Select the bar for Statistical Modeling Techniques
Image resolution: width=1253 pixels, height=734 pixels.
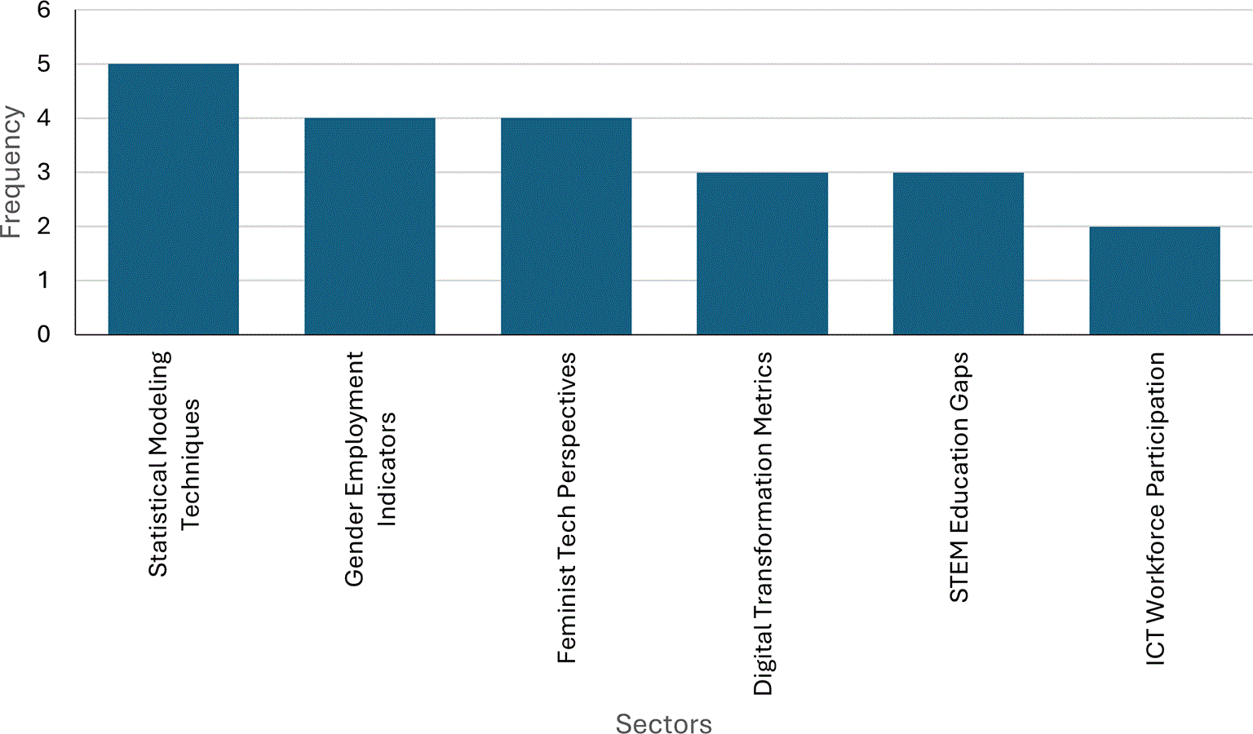174,199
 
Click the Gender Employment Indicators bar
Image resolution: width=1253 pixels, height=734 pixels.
370,226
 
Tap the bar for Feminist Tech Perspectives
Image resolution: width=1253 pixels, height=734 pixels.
566,226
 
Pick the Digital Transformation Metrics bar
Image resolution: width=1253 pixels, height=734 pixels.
762,254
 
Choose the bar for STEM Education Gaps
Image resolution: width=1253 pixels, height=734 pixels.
959,254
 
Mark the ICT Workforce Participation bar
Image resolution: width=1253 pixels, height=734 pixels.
1154,281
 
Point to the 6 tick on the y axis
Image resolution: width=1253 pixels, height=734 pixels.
43,10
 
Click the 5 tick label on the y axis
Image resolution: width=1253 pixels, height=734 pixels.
43,64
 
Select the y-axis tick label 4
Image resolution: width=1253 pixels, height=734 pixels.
43,118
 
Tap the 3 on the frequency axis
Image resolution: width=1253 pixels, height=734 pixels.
43,172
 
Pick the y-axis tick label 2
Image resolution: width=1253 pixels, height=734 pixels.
43,227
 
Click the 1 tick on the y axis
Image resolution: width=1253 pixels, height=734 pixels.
43,281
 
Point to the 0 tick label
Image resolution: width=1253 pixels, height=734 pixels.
43,334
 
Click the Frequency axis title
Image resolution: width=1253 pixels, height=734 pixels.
11,172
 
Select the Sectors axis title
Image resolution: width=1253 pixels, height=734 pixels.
663,723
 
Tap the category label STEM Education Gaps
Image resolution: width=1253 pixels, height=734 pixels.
959,477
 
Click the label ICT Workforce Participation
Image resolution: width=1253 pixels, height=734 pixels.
1156,509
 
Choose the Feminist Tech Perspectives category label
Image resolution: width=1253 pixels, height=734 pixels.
566,507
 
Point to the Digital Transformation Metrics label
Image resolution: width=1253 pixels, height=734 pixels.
763,524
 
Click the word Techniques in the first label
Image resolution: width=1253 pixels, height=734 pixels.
189,463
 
